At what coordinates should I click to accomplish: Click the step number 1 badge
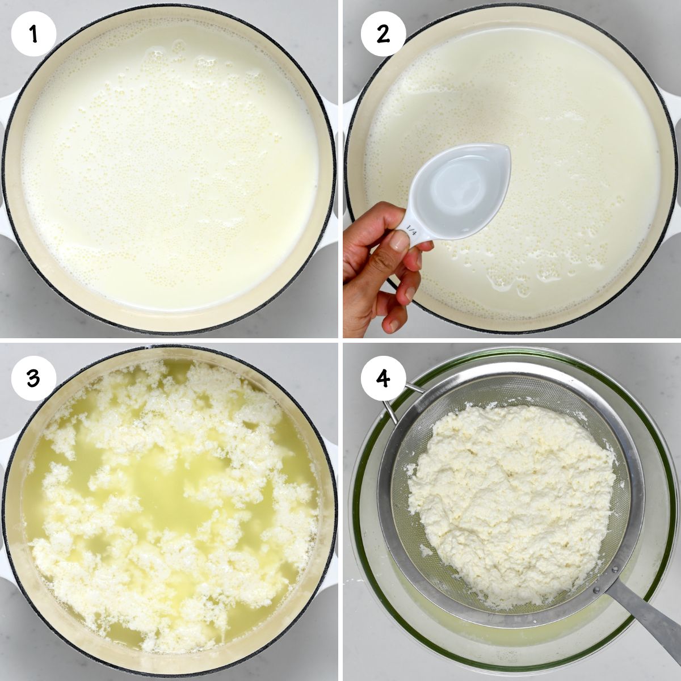pos(33,34)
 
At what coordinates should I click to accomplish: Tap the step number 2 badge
pos(383,34)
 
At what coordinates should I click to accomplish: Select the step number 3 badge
pos(33,378)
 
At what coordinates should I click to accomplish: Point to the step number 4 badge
pos(383,378)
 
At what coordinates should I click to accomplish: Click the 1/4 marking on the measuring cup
pos(411,231)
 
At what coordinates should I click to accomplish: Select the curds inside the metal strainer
pos(511,499)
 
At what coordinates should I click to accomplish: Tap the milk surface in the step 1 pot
pos(170,170)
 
